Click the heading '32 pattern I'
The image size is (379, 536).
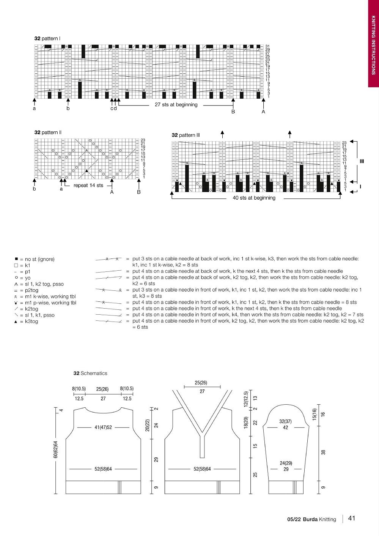pyautogui.click(x=47, y=38)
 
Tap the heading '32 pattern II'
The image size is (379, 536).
pyautogui.click(x=48, y=132)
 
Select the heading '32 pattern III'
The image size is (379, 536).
pyautogui.click(x=186, y=135)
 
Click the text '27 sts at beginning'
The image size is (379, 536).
pyautogui.click(x=176, y=105)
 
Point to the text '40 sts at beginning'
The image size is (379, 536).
pyautogui.click(x=254, y=198)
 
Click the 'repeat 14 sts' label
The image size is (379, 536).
pyautogui.click(x=88, y=186)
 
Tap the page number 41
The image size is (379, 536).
pyautogui.click(x=352, y=518)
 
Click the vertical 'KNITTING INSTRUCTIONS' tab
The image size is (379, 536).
pyautogui.click(x=373, y=45)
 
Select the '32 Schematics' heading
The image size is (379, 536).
pyautogui.click(x=90, y=374)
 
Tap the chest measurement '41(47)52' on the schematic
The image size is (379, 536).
pyautogui.click(x=103, y=427)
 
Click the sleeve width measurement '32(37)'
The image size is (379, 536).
pyautogui.click(x=285, y=421)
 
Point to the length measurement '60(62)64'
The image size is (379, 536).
pyautogui.click(x=56, y=449)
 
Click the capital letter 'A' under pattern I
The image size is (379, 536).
pyautogui.click(x=263, y=112)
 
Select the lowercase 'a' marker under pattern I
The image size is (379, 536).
pyautogui.click(x=35, y=109)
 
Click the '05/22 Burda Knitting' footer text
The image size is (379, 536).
pyautogui.click(x=311, y=519)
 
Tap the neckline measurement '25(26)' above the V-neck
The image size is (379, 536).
pyautogui.click(x=201, y=383)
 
